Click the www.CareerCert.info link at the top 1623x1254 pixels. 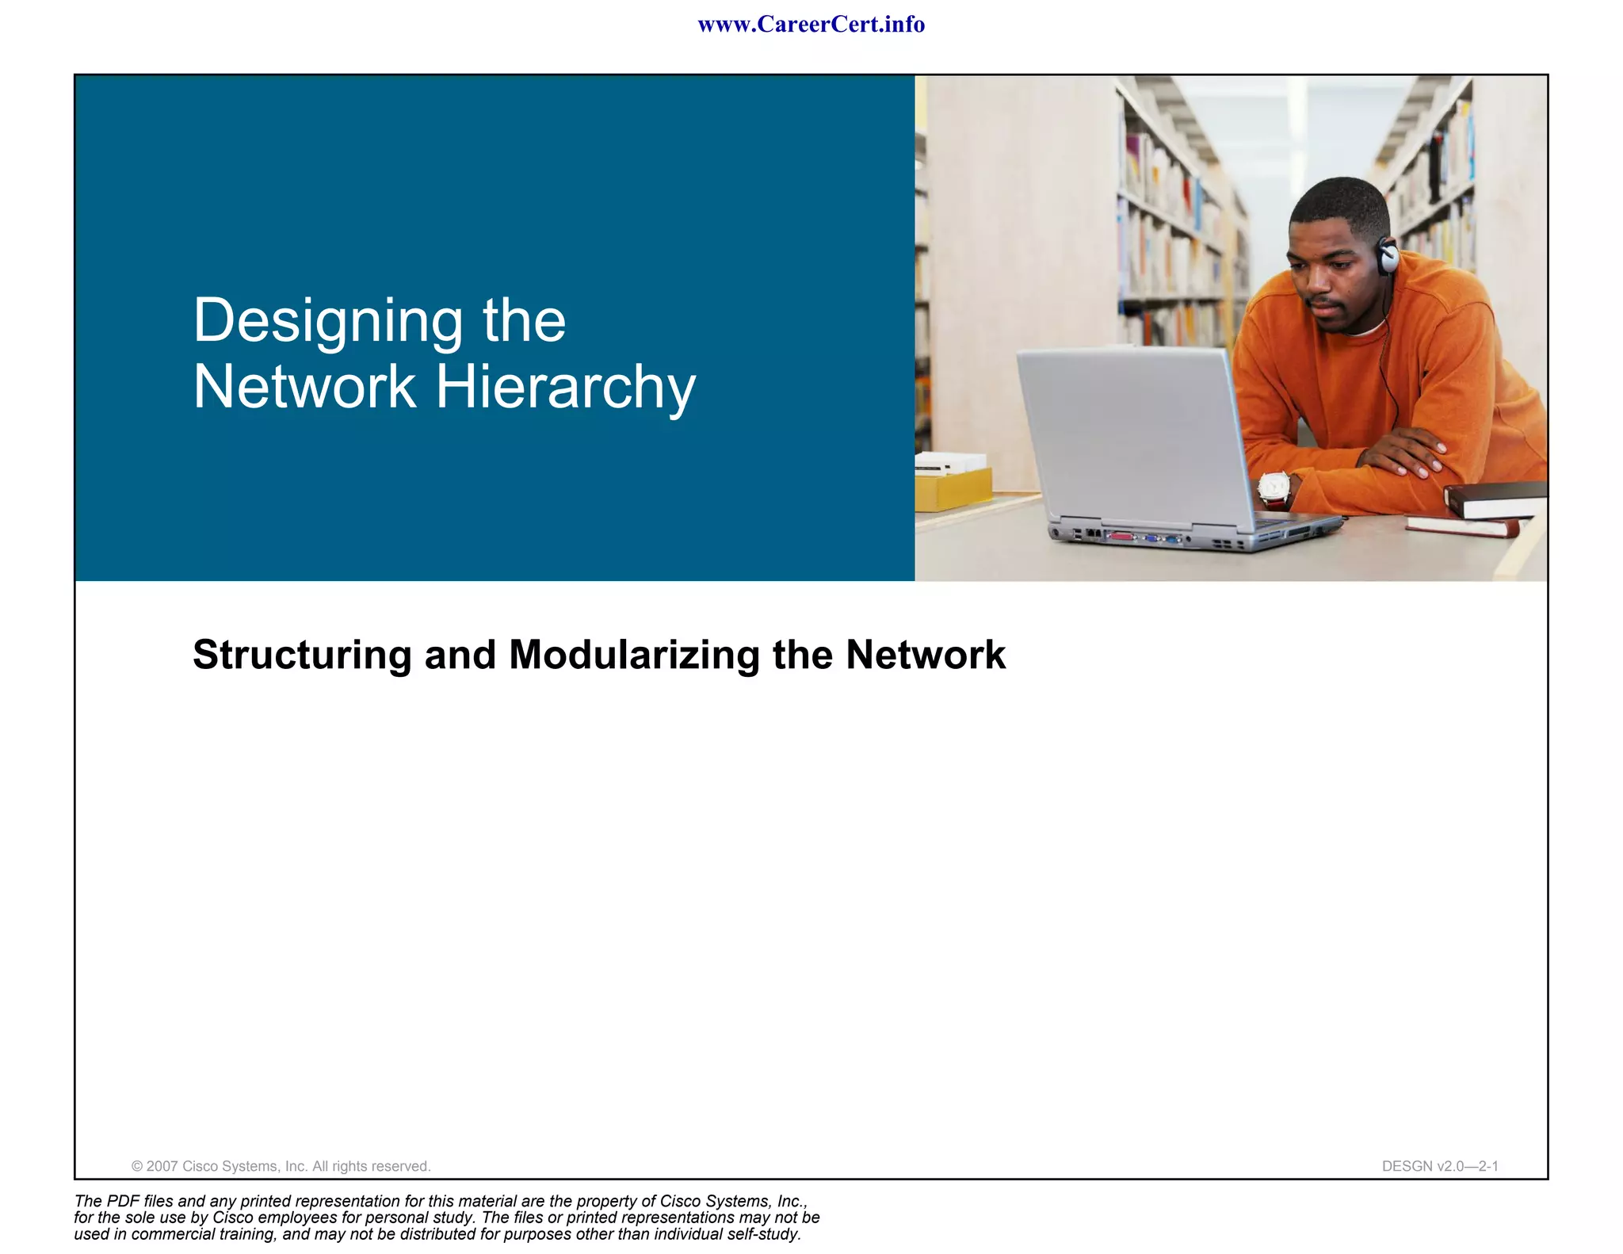coord(811,25)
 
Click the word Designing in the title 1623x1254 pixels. coord(327,321)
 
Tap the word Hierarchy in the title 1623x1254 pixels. coord(565,388)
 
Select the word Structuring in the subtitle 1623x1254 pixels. coord(302,655)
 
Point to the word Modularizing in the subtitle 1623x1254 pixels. coord(634,655)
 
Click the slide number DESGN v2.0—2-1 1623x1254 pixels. coord(1439,1166)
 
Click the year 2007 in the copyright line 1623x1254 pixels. coord(162,1166)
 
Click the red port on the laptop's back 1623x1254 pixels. coord(1121,537)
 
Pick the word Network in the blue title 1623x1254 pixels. coord(304,388)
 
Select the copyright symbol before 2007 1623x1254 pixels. coord(137,1166)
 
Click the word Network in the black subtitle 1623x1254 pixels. coord(925,655)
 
